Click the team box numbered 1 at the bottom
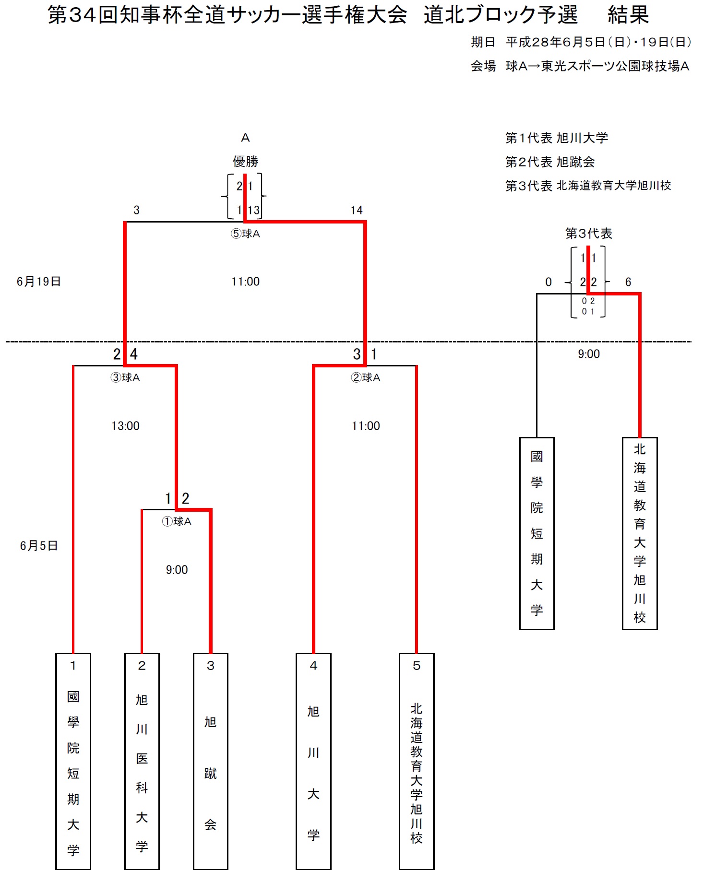point(73,761)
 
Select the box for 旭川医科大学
point(142,761)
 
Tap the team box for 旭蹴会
point(210,761)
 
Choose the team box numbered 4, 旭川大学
point(313,761)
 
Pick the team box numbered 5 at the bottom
point(417,761)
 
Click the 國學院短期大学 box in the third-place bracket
point(537,533)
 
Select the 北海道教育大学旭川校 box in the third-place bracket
point(640,533)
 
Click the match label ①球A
point(177,521)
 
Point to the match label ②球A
point(366,377)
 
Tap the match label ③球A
point(125,377)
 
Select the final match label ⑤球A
point(245,234)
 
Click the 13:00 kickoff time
point(125,426)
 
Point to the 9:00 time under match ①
point(177,570)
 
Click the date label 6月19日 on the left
point(39,282)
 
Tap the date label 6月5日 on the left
point(39,546)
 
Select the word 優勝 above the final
point(245,162)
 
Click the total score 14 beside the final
point(357,210)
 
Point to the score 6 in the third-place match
point(628,282)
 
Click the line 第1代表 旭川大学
point(556,138)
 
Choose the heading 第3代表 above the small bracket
point(588,234)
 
